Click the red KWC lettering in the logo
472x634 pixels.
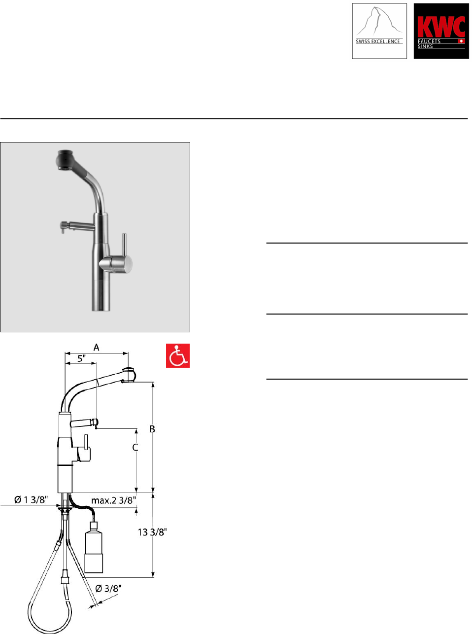point(441,27)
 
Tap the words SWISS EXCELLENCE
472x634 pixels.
point(378,41)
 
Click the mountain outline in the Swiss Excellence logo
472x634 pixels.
point(378,22)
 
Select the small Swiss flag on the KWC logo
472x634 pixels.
point(461,41)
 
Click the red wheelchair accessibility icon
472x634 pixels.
point(178,355)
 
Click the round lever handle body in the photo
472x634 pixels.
point(116,264)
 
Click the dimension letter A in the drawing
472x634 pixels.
point(96,348)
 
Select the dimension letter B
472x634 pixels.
point(152,429)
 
